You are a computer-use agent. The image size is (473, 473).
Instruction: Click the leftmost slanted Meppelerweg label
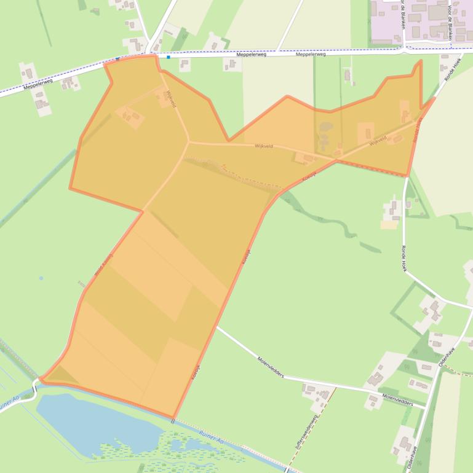[39, 83]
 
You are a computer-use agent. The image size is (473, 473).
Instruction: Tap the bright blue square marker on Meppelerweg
[168, 57]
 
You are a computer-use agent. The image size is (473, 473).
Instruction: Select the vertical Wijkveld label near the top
[170, 98]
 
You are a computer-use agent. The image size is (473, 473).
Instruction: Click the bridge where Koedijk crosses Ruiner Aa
[173, 421]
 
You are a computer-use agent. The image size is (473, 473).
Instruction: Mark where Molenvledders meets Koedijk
[217, 327]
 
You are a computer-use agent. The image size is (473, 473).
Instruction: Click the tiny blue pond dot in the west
[41, 278]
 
